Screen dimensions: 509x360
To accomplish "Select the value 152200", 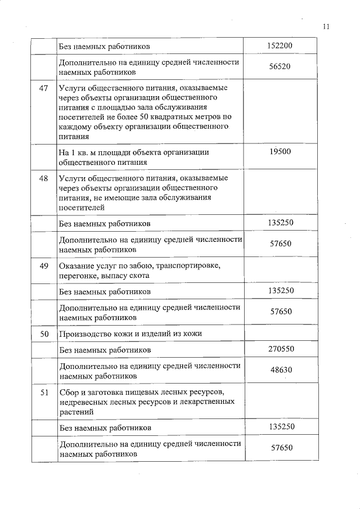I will pyautogui.click(x=280, y=46).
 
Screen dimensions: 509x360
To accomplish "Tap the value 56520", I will pyautogui.click(x=280, y=67).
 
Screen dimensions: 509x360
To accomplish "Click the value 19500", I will pyautogui.click(x=280, y=151).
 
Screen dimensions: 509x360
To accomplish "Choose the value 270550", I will pyautogui.click(x=280, y=349).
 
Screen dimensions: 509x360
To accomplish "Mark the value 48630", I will pyautogui.click(x=280, y=371).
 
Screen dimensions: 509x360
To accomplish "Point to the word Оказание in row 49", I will pyautogui.click(x=76, y=266).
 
